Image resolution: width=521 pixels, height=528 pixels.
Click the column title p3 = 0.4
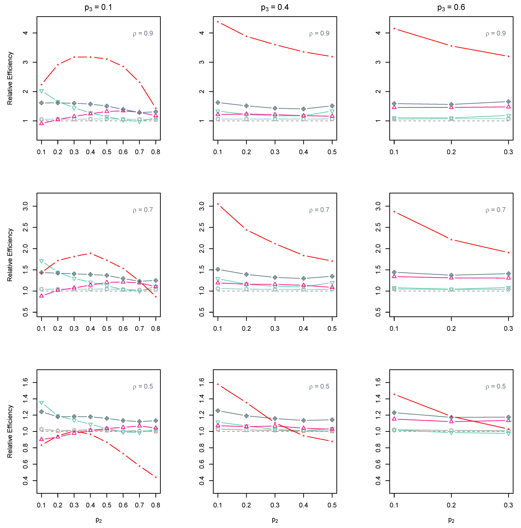click(x=275, y=7)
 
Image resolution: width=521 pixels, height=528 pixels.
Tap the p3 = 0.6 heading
click(x=451, y=7)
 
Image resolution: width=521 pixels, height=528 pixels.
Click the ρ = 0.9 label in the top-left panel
click(x=143, y=33)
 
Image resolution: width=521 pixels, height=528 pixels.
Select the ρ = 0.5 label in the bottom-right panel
click(x=496, y=386)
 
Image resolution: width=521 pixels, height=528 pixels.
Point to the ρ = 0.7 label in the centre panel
click(x=319, y=210)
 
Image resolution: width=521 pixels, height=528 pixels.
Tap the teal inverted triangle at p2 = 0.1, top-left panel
click(x=42, y=91)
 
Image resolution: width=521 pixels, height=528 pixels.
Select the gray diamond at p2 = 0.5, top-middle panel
click(x=332, y=106)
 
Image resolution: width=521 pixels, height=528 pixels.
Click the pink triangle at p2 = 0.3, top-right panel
click(x=508, y=107)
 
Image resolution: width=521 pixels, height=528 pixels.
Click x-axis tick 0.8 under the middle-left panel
click(x=156, y=329)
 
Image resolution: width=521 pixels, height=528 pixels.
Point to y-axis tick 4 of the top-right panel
click(x=378, y=33)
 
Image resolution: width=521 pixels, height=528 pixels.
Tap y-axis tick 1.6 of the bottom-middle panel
click(x=202, y=382)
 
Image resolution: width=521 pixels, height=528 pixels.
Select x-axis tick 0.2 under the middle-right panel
click(x=451, y=329)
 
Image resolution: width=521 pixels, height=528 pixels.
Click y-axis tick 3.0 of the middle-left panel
click(x=25, y=206)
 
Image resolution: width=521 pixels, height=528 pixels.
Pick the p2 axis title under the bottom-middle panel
click(x=275, y=520)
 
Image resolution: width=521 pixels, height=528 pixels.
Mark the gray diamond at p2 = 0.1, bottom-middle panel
click(x=218, y=411)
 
